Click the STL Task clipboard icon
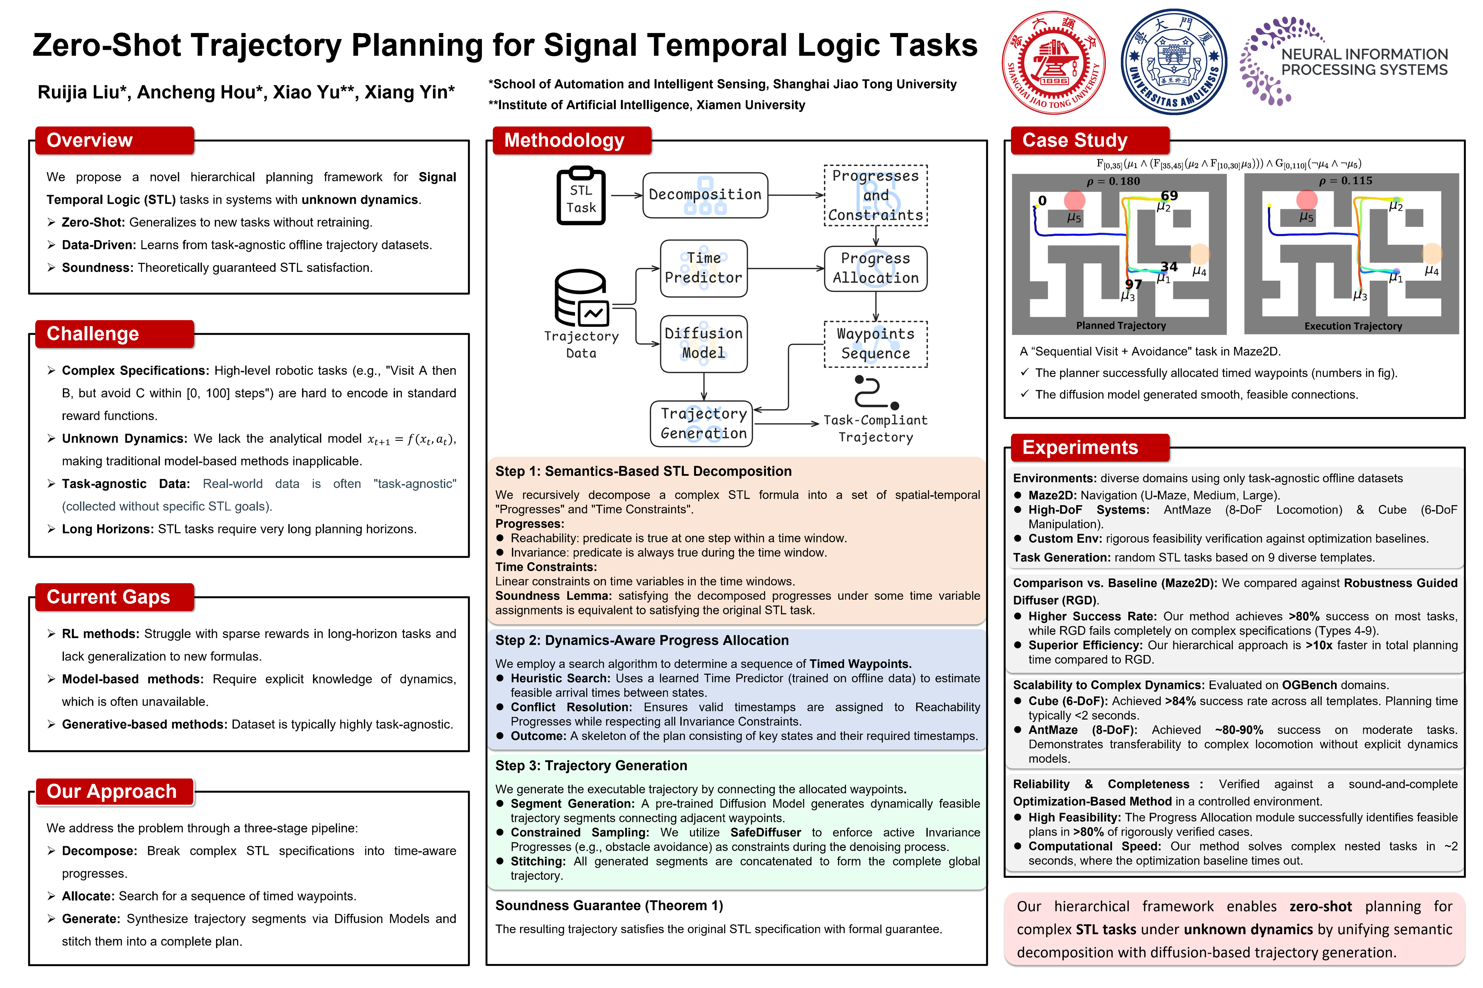pyautogui.click(x=581, y=196)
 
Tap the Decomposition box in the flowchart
pyautogui.click(x=705, y=195)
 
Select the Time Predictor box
pyautogui.click(x=704, y=268)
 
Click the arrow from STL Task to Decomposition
pyautogui.click(x=626, y=195)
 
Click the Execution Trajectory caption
pyautogui.click(x=1353, y=326)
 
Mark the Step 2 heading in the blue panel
pyautogui.click(x=642, y=640)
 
